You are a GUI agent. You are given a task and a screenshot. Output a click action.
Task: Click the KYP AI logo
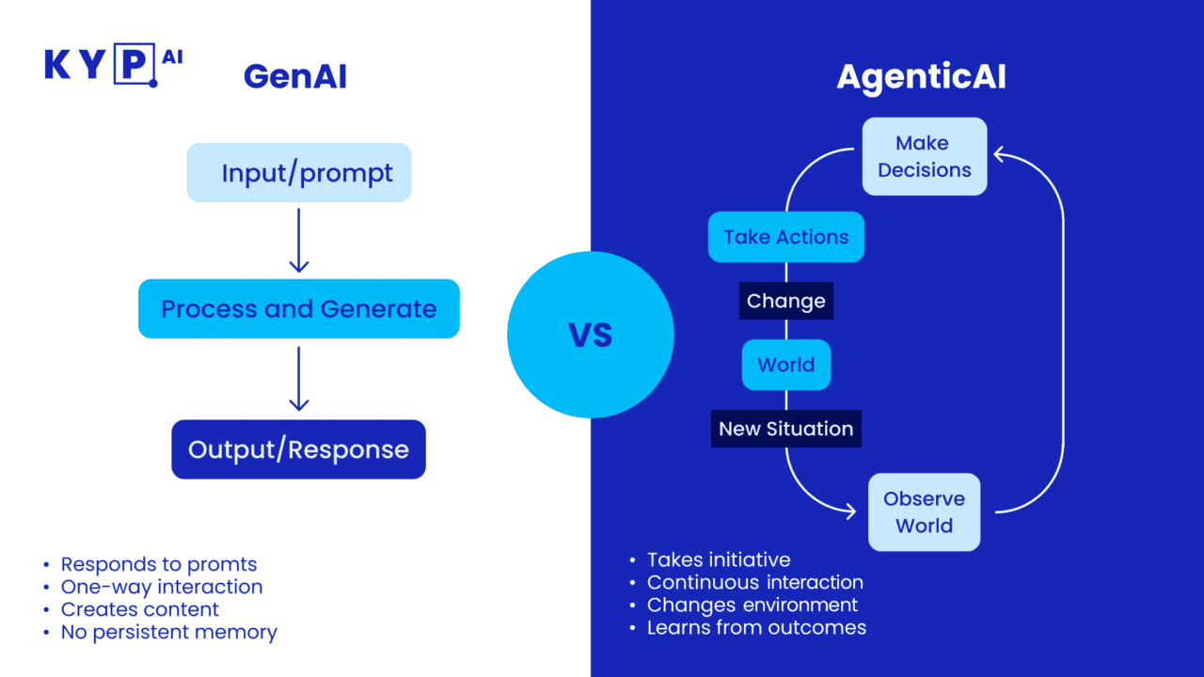point(113,65)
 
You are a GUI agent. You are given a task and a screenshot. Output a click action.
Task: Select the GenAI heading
point(294,76)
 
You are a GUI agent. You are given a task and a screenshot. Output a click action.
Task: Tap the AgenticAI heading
point(921,77)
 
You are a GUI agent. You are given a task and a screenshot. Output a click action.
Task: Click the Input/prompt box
point(299,173)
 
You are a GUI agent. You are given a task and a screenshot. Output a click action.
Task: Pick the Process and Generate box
point(299,308)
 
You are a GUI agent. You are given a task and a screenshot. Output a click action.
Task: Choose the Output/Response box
point(299,449)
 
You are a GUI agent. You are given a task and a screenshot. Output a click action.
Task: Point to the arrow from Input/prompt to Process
point(299,241)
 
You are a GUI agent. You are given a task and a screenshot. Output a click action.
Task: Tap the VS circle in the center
point(590,335)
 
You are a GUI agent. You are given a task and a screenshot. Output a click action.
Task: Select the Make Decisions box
point(924,156)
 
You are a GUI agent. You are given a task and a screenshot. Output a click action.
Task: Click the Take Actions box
point(785,237)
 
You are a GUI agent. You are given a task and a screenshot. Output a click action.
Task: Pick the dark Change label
point(785,302)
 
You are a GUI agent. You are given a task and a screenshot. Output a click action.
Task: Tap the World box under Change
point(785,365)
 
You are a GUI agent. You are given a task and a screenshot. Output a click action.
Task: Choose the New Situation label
point(785,429)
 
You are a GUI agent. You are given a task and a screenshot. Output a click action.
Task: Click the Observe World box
point(924,512)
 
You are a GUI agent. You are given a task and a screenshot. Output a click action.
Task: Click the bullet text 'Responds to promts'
point(158,564)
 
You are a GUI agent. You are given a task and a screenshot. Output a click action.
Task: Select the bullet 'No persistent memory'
point(168,632)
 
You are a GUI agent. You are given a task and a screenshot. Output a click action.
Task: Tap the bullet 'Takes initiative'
point(718,559)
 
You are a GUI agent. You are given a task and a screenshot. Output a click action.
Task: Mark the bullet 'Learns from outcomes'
point(755,627)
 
